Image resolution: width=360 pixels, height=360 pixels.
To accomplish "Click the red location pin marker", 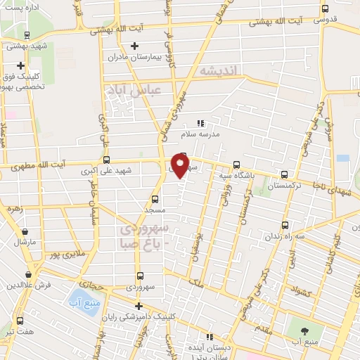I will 181,165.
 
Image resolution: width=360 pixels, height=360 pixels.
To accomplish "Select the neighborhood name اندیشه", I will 219,70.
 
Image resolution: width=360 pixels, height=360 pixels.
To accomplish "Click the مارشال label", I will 24,242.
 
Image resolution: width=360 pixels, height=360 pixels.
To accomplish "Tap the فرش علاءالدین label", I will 30,285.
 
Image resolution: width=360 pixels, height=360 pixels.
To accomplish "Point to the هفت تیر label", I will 19,330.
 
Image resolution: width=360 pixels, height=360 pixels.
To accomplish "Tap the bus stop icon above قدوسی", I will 324,9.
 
